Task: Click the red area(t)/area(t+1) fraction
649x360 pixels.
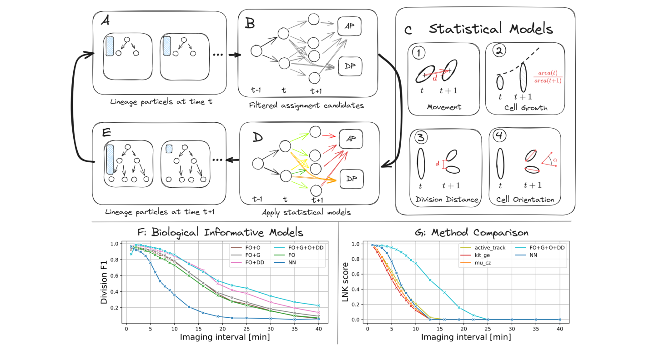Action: (x=547, y=77)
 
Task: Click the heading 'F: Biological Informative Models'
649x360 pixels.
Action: (x=220, y=233)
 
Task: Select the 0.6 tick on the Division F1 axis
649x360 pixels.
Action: (x=116, y=275)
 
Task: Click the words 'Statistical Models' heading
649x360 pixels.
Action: (x=491, y=30)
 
